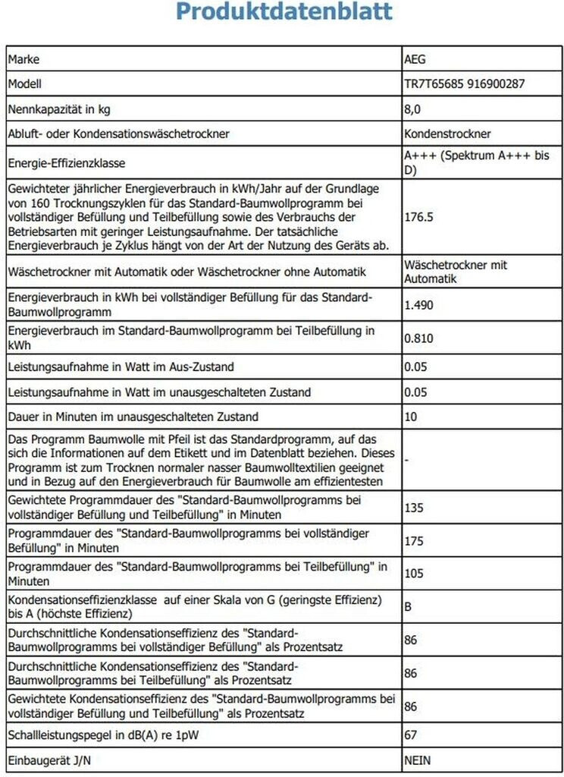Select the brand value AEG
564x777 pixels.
click(x=418, y=59)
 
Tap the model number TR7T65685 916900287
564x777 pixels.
click(x=465, y=84)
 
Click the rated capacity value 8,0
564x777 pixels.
click(x=414, y=109)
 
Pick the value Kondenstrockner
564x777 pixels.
click(x=448, y=134)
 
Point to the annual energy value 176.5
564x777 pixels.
click(x=418, y=217)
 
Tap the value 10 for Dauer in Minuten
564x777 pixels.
click(x=412, y=417)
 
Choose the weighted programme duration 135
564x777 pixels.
click(x=415, y=508)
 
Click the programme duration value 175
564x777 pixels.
click(x=415, y=540)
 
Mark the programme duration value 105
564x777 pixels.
click(x=415, y=573)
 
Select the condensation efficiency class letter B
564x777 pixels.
click(x=410, y=607)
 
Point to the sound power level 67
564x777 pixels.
click(x=412, y=735)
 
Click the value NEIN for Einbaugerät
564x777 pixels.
click(x=419, y=760)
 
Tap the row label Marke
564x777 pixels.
click(x=23, y=59)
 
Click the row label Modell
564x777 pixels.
click(x=25, y=84)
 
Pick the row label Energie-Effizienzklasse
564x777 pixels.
click(x=67, y=163)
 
